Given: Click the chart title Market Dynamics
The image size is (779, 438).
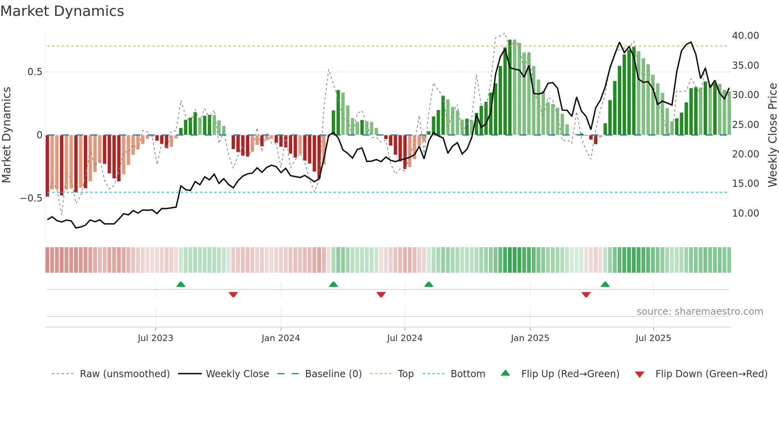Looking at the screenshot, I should (62, 11).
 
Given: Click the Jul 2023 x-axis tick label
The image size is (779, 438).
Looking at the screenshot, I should (155, 338).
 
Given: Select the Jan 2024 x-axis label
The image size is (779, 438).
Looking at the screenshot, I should (281, 338).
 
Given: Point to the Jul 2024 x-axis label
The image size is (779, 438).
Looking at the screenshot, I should (405, 338).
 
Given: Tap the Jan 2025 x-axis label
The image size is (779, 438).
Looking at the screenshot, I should (530, 338).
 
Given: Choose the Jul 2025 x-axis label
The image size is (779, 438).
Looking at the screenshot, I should (653, 338).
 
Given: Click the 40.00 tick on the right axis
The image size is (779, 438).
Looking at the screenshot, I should (745, 36).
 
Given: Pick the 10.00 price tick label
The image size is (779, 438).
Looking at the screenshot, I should (745, 213).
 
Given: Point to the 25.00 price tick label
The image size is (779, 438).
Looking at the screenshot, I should (745, 125).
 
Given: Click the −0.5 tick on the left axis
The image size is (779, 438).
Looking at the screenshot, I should (31, 198).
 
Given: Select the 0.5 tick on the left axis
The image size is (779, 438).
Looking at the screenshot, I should (35, 72).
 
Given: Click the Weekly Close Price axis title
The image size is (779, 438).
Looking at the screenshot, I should (772, 135).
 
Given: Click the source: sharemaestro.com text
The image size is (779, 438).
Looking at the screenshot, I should (700, 312).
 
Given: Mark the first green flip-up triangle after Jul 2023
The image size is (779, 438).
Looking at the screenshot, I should (181, 284).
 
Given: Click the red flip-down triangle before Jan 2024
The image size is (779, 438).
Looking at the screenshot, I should (233, 295).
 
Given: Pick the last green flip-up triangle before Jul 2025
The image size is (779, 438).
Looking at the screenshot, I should (605, 284).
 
